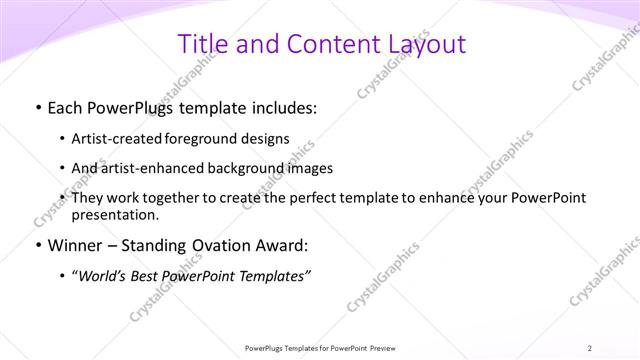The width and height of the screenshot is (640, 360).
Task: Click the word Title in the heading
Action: point(202,44)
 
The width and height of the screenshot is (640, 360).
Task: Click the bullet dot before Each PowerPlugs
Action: point(37,106)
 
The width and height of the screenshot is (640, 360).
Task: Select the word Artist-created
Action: point(117,138)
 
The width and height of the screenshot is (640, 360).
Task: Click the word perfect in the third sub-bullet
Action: point(300,198)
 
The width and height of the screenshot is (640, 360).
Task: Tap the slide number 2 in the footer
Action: point(590,348)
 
